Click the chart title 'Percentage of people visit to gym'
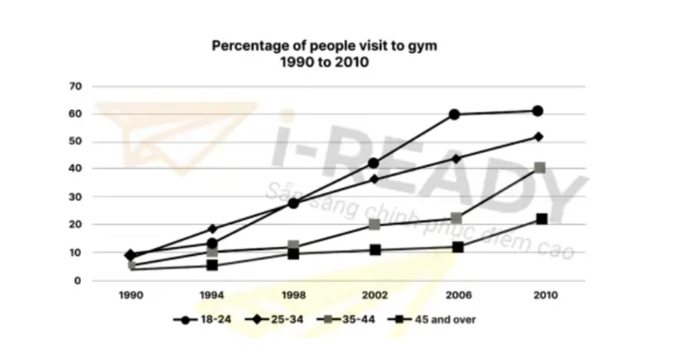point(324,46)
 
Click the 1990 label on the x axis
point(131,295)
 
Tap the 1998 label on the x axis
point(293,295)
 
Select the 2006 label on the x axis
point(456,295)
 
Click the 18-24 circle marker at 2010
point(538,112)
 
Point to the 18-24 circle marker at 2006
point(455,115)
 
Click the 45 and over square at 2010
point(542,219)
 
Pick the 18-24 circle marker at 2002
point(374,164)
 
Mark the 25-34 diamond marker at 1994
point(212,229)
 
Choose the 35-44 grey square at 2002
point(375,225)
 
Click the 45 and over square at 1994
point(212,265)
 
